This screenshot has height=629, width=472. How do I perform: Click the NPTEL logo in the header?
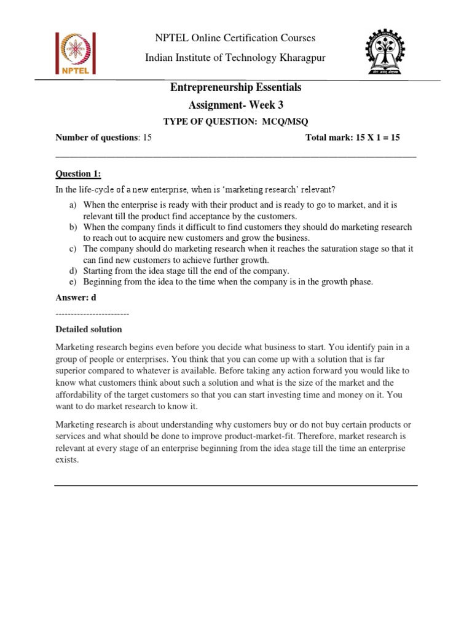(78, 53)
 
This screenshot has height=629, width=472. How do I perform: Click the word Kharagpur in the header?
(292, 57)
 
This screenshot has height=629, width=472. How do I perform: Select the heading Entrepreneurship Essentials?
(235, 88)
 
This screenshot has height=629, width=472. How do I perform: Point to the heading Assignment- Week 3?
(235, 104)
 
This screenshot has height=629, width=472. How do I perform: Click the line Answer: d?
(76, 298)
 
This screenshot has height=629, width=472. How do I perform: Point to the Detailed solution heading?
(88, 330)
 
